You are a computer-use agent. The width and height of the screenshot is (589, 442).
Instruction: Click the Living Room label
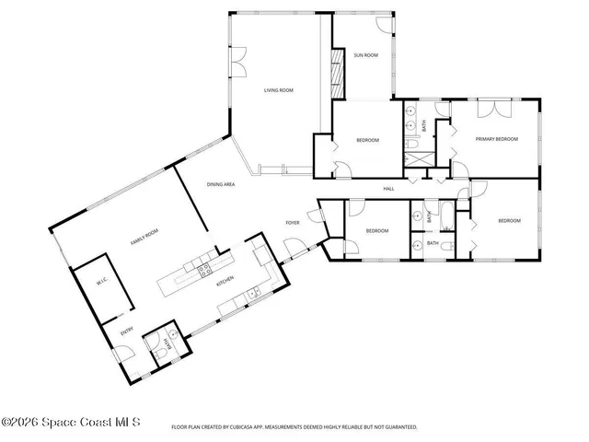pos(278,90)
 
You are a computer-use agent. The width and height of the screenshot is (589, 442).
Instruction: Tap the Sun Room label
pos(365,55)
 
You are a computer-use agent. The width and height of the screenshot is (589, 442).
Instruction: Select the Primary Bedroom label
pos(496,139)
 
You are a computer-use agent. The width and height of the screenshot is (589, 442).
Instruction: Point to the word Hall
pos(388,190)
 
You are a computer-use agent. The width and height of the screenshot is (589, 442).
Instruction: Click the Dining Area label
pos(220,184)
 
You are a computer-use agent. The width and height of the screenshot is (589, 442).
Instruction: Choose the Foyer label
pos(293,223)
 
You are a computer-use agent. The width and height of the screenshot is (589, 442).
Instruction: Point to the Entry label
pos(125,331)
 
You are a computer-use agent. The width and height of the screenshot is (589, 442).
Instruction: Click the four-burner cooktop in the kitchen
pos(203,268)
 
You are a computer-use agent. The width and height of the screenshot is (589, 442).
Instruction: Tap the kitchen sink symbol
pos(254,292)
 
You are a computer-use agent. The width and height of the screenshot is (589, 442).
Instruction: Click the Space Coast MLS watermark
pos(71,423)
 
